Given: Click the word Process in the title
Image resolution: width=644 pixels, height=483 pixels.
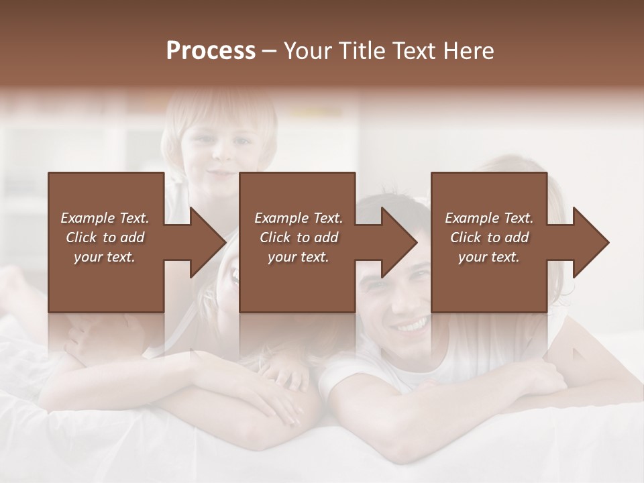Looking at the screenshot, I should click(x=211, y=51).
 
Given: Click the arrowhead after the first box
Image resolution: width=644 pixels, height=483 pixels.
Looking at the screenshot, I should click(x=208, y=242).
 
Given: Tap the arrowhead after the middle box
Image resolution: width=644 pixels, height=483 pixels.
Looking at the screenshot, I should click(x=399, y=242).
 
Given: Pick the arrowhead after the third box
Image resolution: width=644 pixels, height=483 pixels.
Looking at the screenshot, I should click(x=590, y=242).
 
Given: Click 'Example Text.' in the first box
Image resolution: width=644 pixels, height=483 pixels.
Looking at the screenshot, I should click(x=105, y=218).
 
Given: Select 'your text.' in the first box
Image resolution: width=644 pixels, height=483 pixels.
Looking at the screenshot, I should click(x=105, y=257).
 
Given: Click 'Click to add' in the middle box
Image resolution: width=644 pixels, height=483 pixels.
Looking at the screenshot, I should click(x=299, y=237).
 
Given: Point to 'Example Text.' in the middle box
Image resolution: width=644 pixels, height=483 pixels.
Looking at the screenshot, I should click(x=299, y=218).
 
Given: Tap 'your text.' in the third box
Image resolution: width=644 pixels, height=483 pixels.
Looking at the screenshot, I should click(x=489, y=257).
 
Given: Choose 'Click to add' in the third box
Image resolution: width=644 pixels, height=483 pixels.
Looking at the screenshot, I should click(x=489, y=237).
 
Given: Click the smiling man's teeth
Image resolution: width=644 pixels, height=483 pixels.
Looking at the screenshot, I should click(x=410, y=327).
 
